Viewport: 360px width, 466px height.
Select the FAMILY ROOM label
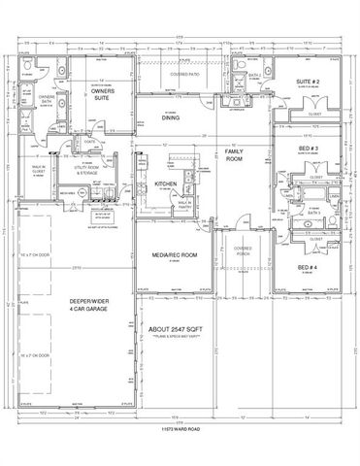coord(232,156)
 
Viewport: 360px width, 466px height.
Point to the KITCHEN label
coord(164,183)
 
